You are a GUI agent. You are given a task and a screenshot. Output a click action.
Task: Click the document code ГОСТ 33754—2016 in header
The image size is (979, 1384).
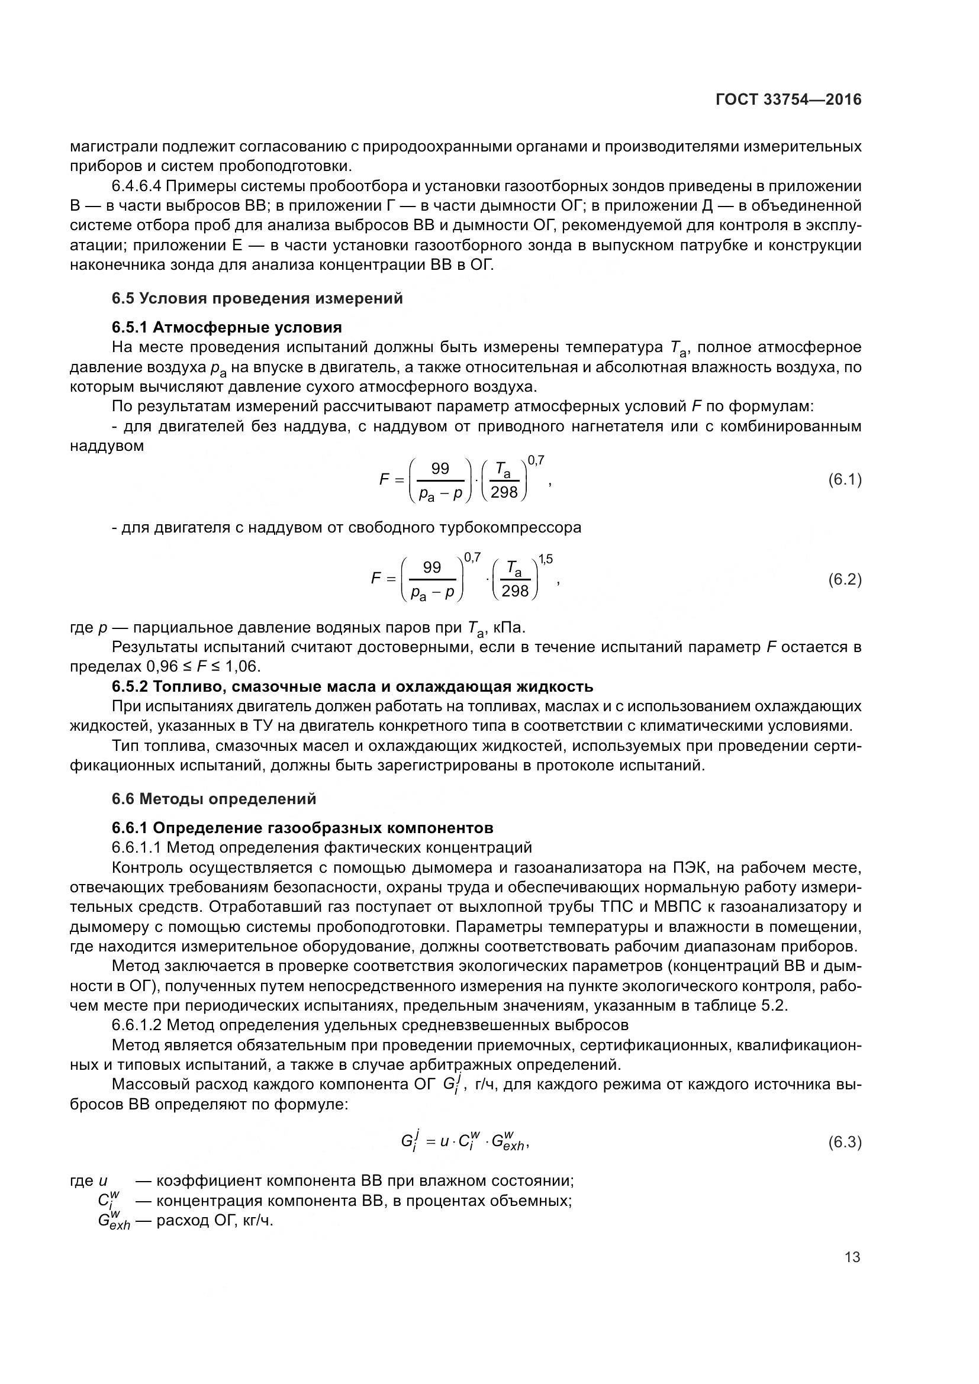coord(788,100)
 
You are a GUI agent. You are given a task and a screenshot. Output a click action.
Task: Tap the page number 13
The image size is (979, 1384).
coord(852,1257)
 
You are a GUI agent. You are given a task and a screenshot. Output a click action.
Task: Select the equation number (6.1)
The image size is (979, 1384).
coord(845,479)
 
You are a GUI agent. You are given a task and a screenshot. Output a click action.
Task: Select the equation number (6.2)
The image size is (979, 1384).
coord(845,579)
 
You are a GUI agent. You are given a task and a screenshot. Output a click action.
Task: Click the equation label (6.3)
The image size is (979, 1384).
coord(845,1141)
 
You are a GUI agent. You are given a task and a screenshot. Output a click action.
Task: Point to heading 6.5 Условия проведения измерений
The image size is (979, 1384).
coord(257,298)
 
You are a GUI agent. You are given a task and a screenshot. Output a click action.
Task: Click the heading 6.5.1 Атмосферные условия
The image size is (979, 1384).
coord(227,327)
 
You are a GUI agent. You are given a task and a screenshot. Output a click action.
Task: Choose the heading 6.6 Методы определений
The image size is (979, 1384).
coord(214,799)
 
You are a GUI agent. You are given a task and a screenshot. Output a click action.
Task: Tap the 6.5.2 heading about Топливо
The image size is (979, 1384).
coord(352,686)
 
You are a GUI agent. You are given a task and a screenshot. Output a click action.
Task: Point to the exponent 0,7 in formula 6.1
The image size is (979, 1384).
coord(536,460)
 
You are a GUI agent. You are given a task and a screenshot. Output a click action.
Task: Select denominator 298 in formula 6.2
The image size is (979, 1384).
coord(515,591)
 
